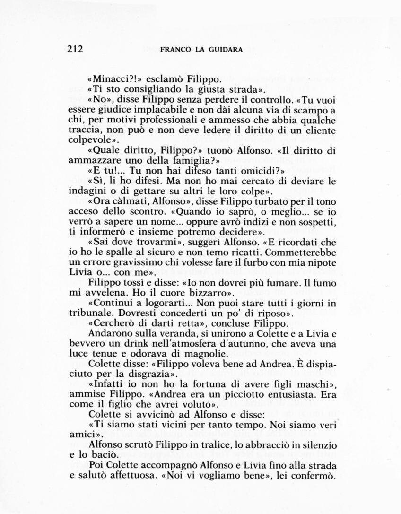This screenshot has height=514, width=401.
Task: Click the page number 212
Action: pyautogui.click(x=75, y=49)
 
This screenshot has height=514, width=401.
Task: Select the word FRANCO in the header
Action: pyautogui.click(x=175, y=49)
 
